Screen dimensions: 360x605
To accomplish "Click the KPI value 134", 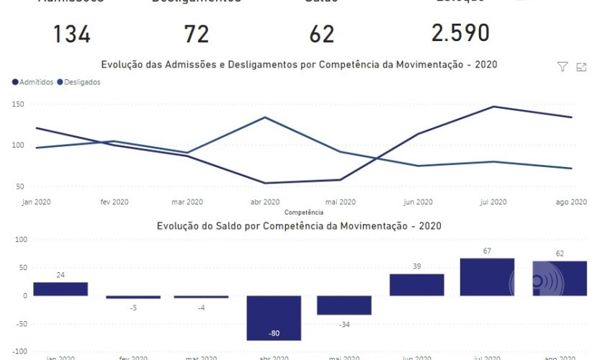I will tap(71, 34).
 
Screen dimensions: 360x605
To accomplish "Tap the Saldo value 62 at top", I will tap(321, 34).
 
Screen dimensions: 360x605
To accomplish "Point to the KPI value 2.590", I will tap(460, 33).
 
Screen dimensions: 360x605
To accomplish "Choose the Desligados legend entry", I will tap(79, 82).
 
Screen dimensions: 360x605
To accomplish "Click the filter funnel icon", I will tap(563, 67).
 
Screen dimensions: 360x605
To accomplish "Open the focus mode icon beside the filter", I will tap(581, 67).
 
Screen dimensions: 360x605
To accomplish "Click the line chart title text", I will tap(299, 65).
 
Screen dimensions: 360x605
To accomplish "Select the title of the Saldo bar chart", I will tap(299, 225).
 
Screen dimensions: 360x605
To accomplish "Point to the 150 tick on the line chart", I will tap(18, 104).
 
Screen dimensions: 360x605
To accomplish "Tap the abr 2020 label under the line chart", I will tap(265, 202).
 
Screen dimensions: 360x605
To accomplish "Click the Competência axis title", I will tap(303, 212).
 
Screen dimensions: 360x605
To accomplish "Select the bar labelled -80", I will tap(274, 318).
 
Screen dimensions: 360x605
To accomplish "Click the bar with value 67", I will tap(487, 277).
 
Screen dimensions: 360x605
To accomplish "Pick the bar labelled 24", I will tap(60, 289).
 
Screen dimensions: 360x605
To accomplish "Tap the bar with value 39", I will tap(416, 284).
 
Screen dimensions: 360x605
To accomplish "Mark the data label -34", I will tap(344, 323).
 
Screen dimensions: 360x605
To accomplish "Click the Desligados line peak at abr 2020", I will tap(265, 117).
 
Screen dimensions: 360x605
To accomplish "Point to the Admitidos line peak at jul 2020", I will tap(494, 107).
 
